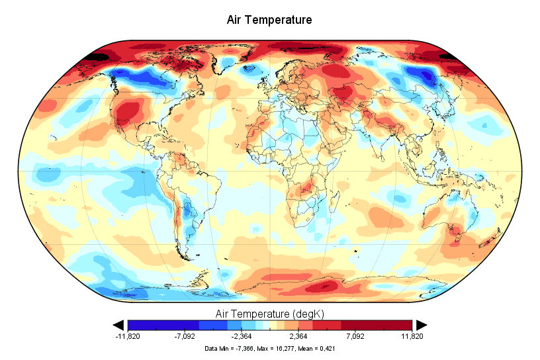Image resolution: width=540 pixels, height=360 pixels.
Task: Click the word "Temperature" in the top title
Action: [x=280, y=20]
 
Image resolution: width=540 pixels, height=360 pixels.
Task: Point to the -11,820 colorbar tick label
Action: [x=127, y=336]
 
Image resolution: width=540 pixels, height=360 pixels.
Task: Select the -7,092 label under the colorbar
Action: [x=184, y=336]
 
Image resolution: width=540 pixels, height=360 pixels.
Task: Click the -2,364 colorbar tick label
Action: [x=241, y=336]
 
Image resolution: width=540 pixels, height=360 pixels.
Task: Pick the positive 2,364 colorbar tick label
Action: [x=299, y=336]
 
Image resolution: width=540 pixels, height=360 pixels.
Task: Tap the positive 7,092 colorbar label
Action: [x=356, y=336]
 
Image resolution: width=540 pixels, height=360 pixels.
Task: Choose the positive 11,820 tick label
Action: [x=412, y=336]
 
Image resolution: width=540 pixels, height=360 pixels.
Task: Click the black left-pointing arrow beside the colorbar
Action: [x=119, y=324]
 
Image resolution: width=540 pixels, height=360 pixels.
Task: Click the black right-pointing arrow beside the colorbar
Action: [x=421, y=324]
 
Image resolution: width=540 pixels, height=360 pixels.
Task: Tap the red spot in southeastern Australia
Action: [x=455, y=231]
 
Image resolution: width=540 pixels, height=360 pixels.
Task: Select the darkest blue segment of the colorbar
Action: [x=142, y=325]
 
